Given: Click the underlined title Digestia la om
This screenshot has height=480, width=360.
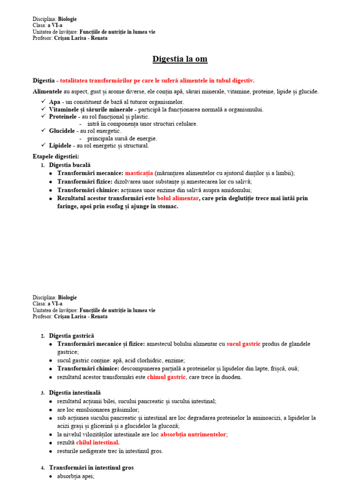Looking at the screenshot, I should click(180, 59).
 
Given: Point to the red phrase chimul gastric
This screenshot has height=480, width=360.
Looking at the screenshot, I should click(166, 377).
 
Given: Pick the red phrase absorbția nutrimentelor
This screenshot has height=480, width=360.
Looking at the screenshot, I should click(194, 435).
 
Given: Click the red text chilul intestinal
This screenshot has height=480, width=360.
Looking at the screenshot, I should click(98, 442).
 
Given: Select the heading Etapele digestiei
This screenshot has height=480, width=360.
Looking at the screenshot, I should click(56, 156).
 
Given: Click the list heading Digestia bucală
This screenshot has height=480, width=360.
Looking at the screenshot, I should click(70, 165).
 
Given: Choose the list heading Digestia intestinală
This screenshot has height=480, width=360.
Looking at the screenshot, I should click(75, 392).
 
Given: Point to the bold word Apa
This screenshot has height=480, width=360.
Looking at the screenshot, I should click(54, 102).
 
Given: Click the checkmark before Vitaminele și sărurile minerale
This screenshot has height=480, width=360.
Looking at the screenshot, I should click(43, 109).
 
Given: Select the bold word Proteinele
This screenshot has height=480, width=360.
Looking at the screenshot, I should click(63, 116).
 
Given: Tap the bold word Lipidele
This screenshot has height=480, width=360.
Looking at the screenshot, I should click(61, 146).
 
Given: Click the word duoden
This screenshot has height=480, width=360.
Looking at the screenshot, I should click(231, 377).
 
